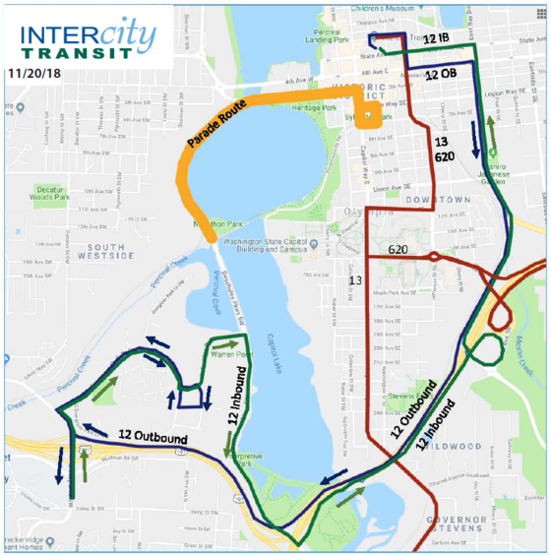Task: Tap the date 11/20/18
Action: click(x=33, y=73)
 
